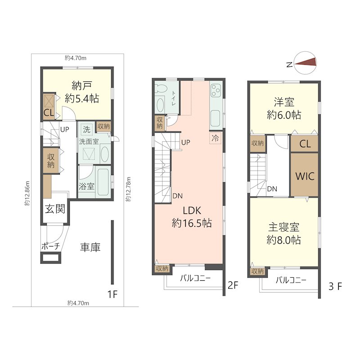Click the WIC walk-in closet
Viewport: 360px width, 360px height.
(x=305, y=175)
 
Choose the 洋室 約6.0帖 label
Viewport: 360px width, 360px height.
(x=284, y=108)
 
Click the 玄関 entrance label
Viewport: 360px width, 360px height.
(x=55, y=209)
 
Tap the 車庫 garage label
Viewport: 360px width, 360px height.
(x=90, y=247)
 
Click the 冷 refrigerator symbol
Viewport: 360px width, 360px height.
(x=216, y=138)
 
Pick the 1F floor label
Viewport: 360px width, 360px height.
(x=112, y=295)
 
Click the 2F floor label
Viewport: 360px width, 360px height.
(x=232, y=285)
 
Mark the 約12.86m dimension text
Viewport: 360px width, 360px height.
(x=27, y=193)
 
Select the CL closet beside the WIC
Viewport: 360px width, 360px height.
(x=305, y=144)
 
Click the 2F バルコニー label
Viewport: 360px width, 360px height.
(x=195, y=278)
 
